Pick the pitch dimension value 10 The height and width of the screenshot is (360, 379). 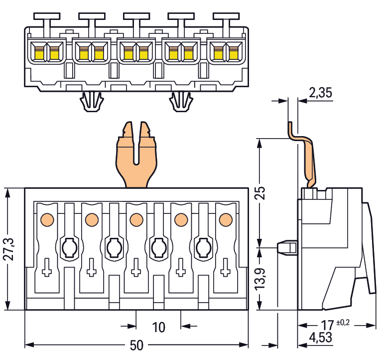coord(158,328)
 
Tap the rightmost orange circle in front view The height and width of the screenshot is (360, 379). coord(225,219)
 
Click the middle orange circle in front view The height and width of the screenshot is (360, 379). coord(135,219)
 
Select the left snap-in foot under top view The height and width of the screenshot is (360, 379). coord(92,102)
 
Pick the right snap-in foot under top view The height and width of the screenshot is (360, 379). coord(181,102)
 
